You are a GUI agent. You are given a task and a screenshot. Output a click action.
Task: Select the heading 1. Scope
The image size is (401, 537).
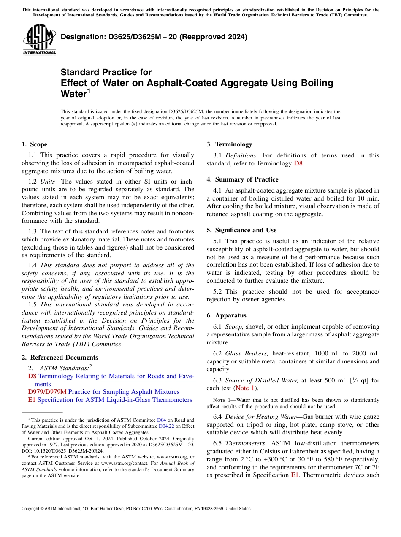(35, 144)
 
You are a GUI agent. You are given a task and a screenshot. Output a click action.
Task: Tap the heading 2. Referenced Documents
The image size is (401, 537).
(54, 358)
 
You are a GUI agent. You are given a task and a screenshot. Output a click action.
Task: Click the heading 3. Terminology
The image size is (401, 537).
(229, 144)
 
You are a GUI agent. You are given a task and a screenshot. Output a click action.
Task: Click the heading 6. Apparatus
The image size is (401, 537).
(226, 315)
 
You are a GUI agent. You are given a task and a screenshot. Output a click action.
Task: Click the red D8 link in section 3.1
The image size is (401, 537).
(298, 163)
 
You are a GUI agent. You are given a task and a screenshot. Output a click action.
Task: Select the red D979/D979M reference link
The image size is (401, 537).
(47, 392)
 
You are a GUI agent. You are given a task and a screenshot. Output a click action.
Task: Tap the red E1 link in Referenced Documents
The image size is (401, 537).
(32, 400)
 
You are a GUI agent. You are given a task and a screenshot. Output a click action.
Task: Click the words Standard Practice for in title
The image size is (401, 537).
(106, 72)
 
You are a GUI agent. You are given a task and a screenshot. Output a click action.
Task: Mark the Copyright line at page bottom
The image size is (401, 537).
(136, 509)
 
